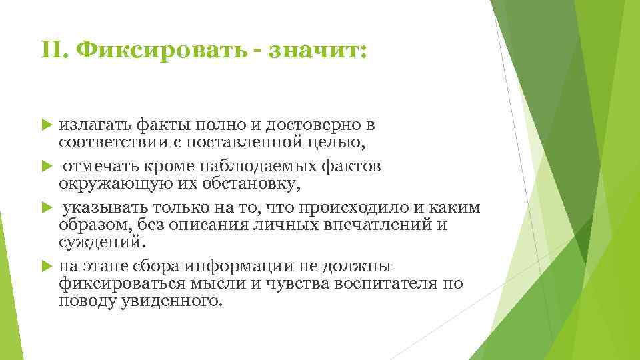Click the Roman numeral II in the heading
[53, 51]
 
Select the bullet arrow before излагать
[46, 124]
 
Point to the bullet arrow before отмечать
[46, 166]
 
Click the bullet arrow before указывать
[46, 208]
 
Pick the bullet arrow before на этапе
[46, 266]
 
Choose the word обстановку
[240, 183]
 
